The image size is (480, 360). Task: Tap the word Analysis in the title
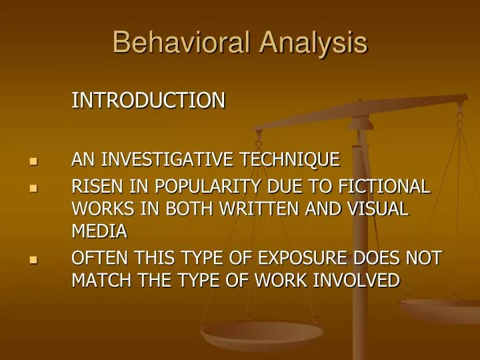pos(313,43)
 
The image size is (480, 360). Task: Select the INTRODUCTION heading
pos(148,101)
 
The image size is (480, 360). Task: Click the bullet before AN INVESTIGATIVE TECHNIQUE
pos(33,161)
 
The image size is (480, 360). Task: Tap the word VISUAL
pos(377,209)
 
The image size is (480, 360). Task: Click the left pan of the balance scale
pos(263,333)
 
